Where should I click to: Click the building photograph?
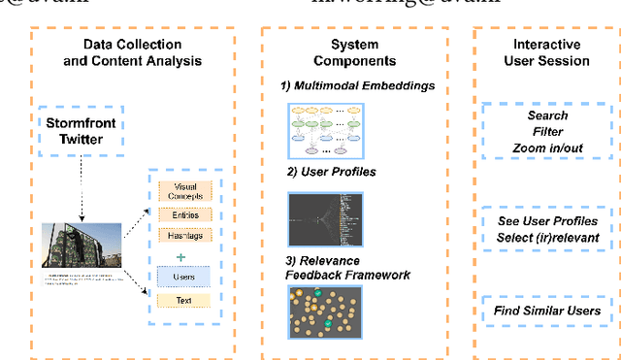(82, 246)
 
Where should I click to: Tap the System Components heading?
(354, 52)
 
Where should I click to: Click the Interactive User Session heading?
(548, 52)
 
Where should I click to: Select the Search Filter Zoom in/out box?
(548, 132)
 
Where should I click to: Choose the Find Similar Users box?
(548, 311)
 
